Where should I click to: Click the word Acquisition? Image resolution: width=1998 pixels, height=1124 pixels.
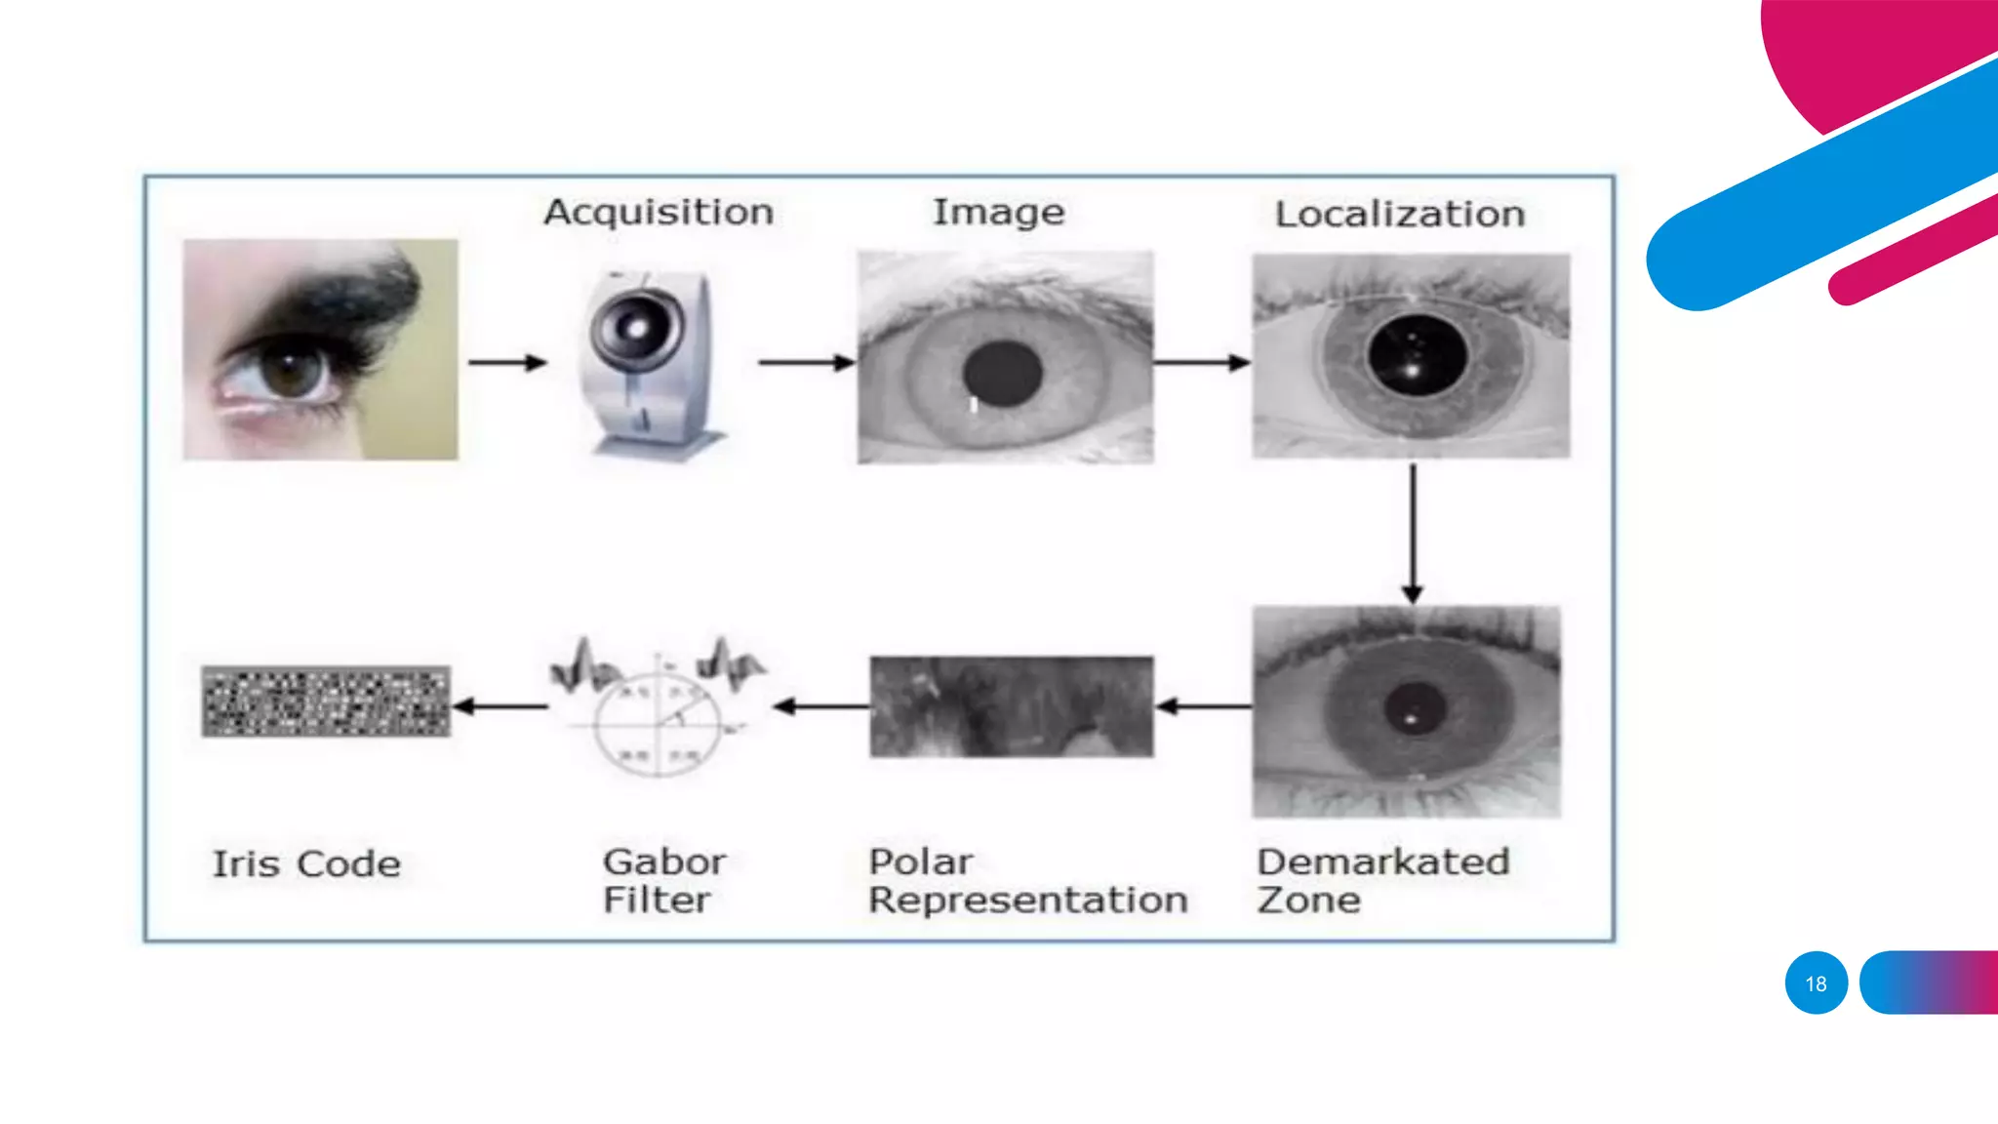(x=659, y=212)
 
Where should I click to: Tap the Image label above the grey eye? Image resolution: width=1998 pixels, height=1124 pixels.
(x=998, y=213)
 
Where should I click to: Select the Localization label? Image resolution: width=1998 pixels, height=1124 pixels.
(x=1400, y=215)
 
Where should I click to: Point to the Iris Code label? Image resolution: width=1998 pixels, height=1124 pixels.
(x=306, y=864)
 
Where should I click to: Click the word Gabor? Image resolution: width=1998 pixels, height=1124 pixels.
(x=664, y=862)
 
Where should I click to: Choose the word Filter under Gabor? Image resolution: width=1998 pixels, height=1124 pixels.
(x=657, y=900)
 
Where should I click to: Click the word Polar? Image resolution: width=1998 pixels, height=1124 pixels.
(x=920, y=862)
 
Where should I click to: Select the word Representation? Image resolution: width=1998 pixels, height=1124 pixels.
(x=1028, y=900)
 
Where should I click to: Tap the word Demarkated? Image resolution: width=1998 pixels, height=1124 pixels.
(x=1382, y=862)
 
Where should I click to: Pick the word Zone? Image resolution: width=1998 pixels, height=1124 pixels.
(x=1308, y=900)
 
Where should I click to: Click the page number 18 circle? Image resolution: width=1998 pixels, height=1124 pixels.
(x=1816, y=983)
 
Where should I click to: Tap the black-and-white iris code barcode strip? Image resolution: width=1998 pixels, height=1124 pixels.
(x=326, y=701)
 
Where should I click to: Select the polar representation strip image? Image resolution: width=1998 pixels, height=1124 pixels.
(x=1012, y=706)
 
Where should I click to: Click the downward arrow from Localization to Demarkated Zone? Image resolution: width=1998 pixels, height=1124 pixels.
(x=1412, y=532)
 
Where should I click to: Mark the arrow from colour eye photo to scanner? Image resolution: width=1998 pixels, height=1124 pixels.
(x=507, y=363)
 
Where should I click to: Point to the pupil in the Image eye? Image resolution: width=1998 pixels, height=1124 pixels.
(x=1002, y=374)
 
